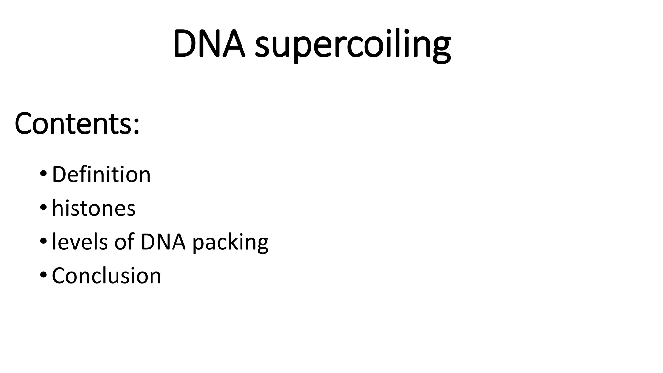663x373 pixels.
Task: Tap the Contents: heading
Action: pyautogui.click(x=77, y=124)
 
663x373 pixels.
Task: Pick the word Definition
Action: pyautogui.click(x=101, y=175)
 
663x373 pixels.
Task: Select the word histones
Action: pyautogui.click(x=94, y=208)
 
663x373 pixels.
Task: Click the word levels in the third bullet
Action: pyautogui.click(x=80, y=242)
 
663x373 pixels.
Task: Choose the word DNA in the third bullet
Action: pyautogui.click(x=163, y=242)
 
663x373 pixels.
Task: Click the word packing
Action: pyautogui.click(x=230, y=243)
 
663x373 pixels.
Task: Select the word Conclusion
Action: pyautogui.click(x=107, y=276)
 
